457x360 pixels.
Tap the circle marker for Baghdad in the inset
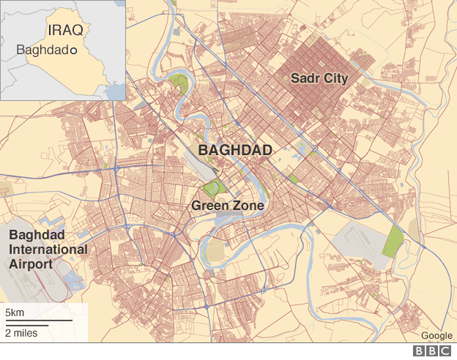pos(73,50)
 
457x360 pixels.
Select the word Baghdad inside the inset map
pos(42,50)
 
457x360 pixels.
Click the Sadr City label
pos(319,78)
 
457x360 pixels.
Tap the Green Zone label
pos(227,206)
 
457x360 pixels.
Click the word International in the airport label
pos(48,250)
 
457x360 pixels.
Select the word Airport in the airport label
pos(30,263)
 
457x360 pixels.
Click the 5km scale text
pos(15,313)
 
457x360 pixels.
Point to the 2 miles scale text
pos(21,334)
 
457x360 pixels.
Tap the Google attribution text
pos(436,336)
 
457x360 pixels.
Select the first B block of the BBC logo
pos(420,351)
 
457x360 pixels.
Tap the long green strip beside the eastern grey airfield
pos(393,241)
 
